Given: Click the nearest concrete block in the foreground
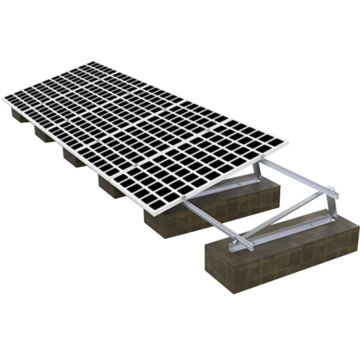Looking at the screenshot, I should click(283, 254).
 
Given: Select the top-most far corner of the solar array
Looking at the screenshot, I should click(91, 62).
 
